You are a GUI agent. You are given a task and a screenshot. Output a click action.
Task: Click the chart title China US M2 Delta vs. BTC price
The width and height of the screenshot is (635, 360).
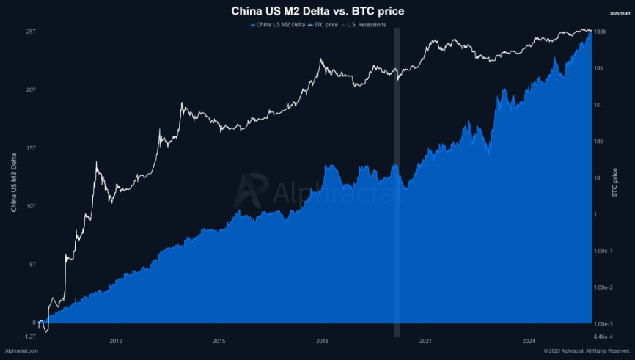coord(317,11)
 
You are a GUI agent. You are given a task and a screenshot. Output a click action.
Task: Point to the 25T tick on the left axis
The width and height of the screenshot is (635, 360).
coord(30,32)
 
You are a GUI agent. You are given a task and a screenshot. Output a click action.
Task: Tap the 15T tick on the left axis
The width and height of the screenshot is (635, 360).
coord(30,148)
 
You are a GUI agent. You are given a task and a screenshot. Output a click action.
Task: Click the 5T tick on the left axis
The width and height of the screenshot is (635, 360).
coord(32,264)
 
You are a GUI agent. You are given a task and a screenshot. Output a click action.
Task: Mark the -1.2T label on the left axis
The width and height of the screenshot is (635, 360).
coord(29,336)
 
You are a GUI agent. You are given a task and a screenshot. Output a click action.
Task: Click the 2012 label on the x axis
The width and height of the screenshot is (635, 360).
coord(115,341)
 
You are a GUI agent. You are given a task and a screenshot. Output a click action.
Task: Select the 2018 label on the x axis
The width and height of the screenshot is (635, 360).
coord(322,341)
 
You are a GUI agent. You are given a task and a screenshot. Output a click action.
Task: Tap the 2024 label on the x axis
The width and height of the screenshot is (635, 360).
coord(528,341)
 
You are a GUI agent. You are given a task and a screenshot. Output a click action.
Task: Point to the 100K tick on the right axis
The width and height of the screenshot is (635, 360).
coord(599,32)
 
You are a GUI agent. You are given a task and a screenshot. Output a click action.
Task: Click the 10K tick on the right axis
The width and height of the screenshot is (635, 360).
coord(598,68)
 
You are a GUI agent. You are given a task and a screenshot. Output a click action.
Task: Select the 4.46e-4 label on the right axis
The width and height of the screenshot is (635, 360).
coord(604,336)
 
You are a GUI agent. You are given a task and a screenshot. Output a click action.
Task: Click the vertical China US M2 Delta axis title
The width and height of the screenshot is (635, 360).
coord(13,183)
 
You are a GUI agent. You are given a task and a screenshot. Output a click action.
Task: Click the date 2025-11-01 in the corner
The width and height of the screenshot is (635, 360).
coord(619,13)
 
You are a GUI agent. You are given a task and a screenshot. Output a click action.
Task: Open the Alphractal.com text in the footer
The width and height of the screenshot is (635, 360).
coord(21,351)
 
